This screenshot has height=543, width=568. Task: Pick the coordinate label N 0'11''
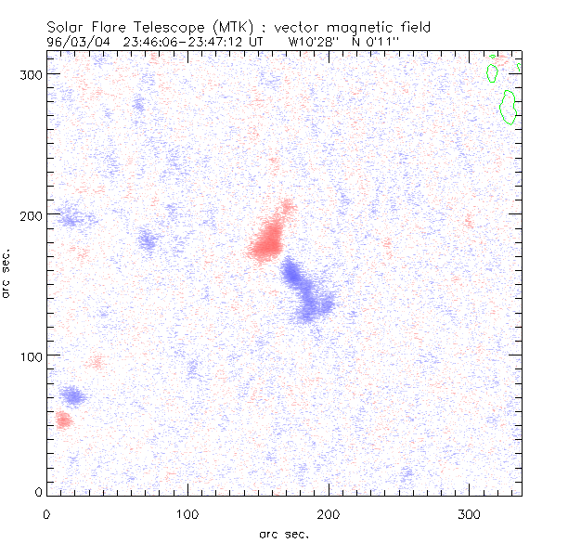(x=374, y=42)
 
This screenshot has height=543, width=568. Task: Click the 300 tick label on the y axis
(x=31, y=73)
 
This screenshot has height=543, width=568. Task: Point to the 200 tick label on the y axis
(x=31, y=214)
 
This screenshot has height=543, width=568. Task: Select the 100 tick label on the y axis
(x=31, y=356)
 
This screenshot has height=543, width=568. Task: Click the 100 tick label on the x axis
(x=187, y=512)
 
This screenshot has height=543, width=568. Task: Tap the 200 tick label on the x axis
(x=329, y=512)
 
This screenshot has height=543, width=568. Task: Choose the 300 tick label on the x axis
(x=470, y=512)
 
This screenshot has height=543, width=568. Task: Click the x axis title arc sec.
(x=284, y=534)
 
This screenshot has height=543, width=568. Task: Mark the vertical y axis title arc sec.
(x=7, y=272)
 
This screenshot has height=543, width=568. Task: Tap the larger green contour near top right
(x=508, y=107)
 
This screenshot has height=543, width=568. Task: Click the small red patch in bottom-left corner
(x=62, y=420)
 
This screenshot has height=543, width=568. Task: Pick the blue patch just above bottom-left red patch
(x=71, y=397)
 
